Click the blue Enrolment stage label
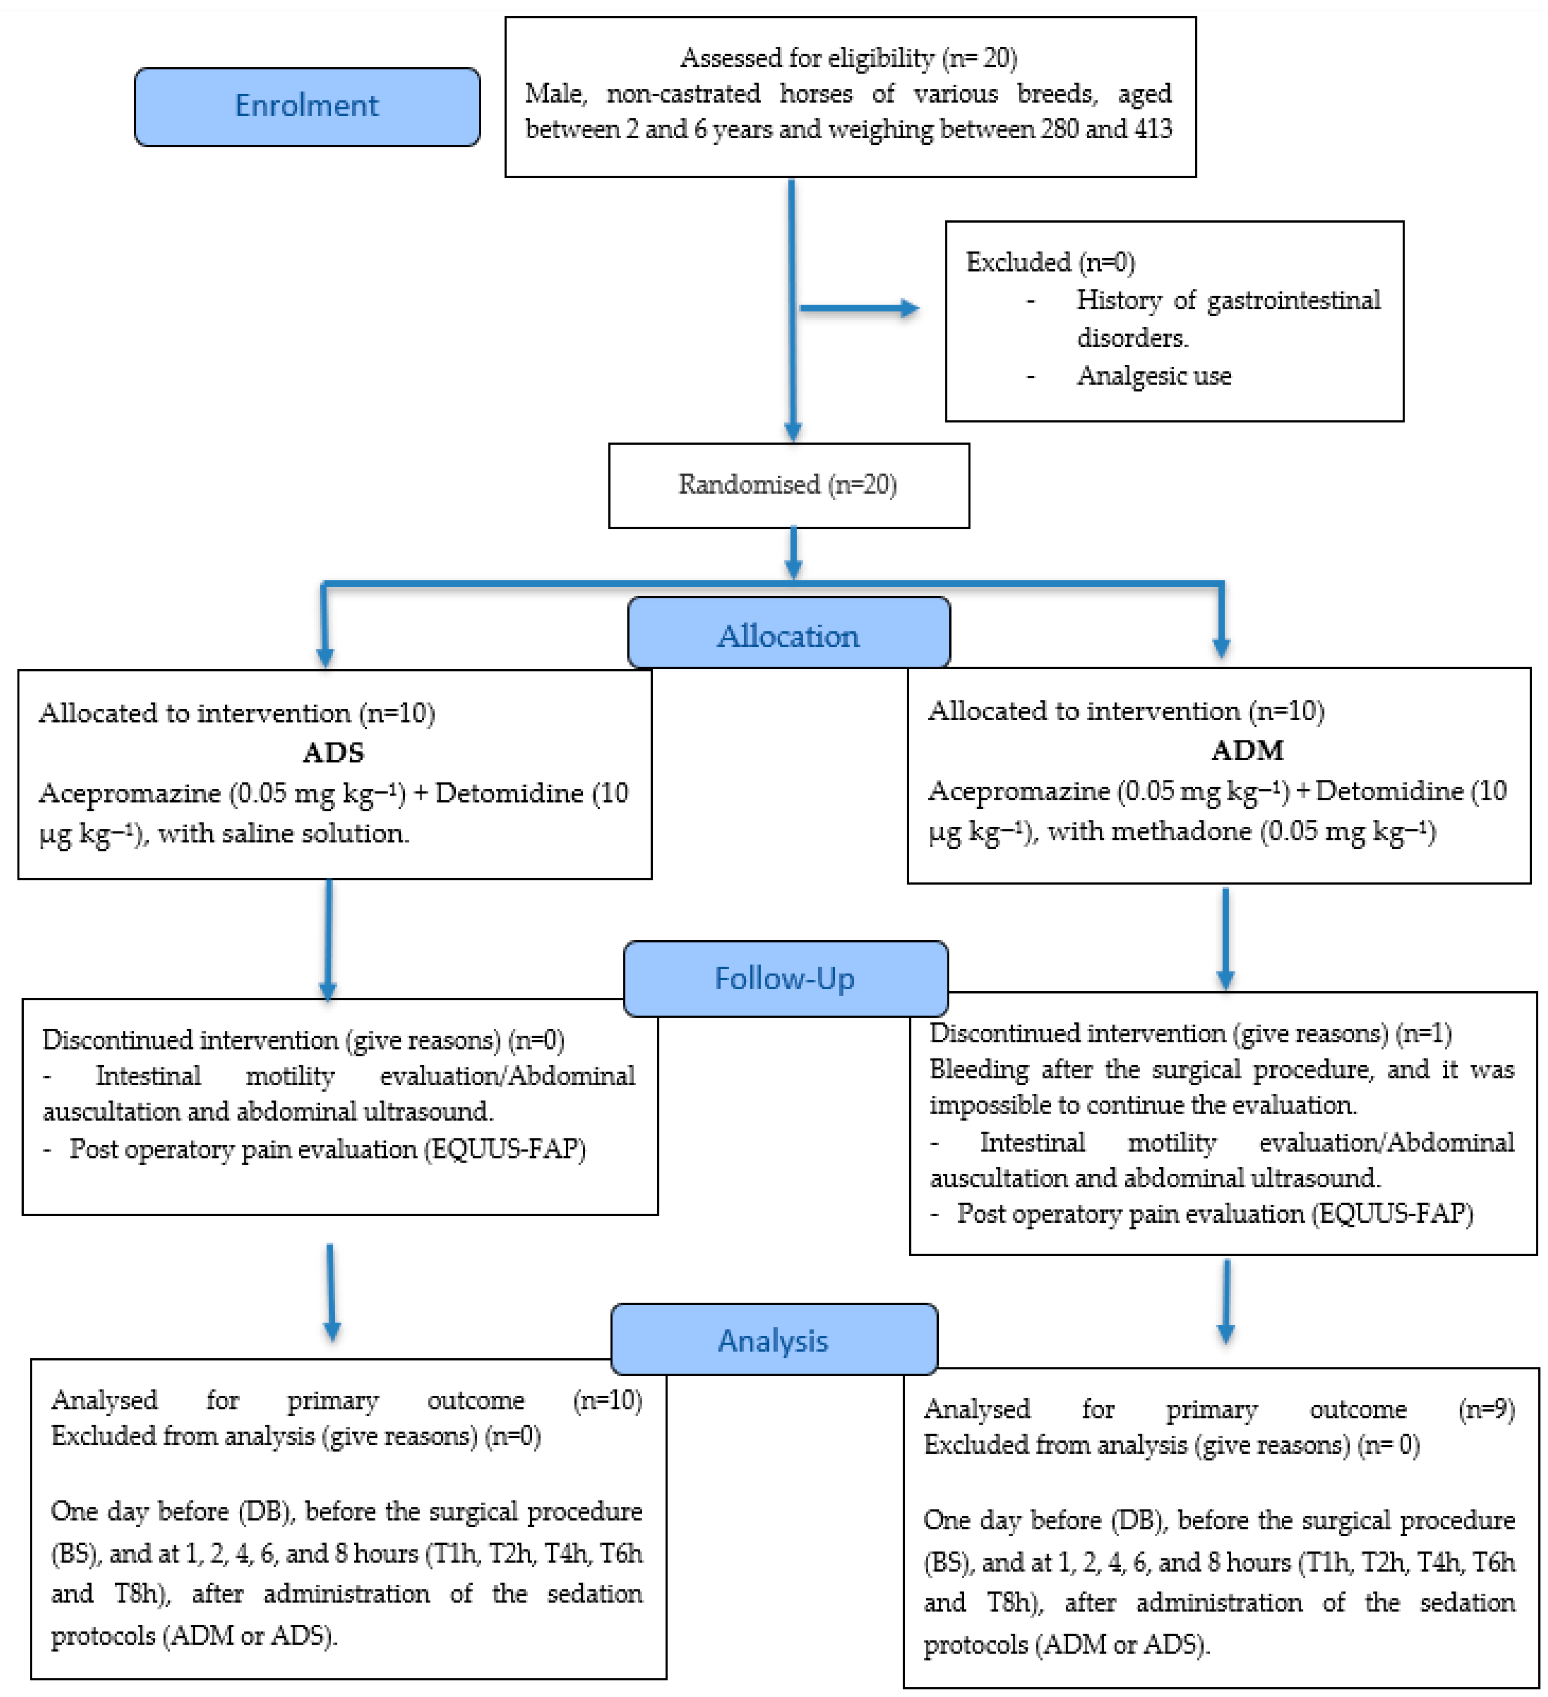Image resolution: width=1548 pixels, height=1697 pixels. (307, 106)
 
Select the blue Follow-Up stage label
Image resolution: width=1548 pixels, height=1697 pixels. (784, 978)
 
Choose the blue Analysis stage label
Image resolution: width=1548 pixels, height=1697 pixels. (773, 1340)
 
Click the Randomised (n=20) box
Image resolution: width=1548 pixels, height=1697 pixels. (788, 485)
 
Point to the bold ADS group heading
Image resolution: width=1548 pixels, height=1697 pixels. (333, 751)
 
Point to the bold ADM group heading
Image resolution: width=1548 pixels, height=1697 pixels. (1248, 749)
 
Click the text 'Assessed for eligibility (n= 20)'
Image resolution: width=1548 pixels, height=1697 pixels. (849, 58)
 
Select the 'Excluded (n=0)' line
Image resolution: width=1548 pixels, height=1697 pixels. (1050, 263)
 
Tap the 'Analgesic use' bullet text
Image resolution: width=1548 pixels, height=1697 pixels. (1153, 375)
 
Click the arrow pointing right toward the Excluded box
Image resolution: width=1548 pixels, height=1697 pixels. (859, 308)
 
